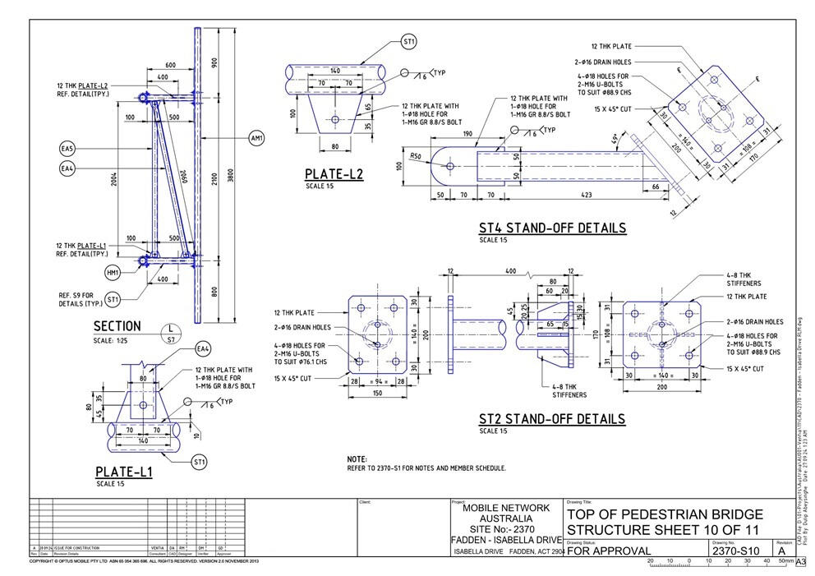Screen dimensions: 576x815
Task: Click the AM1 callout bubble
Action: pyautogui.click(x=256, y=139)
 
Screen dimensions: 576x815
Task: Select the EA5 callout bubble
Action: pyautogui.click(x=67, y=149)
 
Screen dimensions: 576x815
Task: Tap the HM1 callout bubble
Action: pyautogui.click(x=112, y=272)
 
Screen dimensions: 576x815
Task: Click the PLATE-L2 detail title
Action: pyautogui.click(x=334, y=174)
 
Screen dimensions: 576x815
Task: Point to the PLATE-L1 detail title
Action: pyautogui.click(x=123, y=472)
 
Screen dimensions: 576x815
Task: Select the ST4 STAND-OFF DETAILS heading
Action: pyautogui.click(x=552, y=228)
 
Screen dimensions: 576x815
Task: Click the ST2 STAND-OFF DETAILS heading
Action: pyautogui.click(x=552, y=419)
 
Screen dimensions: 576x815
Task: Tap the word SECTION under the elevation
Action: pyautogui.click(x=117, y=326)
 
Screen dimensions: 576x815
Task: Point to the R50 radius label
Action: pyautogui.click(x=417, y=155)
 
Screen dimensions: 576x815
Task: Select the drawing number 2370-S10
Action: pyautogui.click(x=735, y=551)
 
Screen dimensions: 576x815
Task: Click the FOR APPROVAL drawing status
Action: pyautogui.click(x=609, y=551)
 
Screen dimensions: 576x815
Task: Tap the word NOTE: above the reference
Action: pyautogui.click(x=357, y=459)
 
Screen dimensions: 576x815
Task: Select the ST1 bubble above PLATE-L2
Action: pyautogui.click(x=409, y=41)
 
